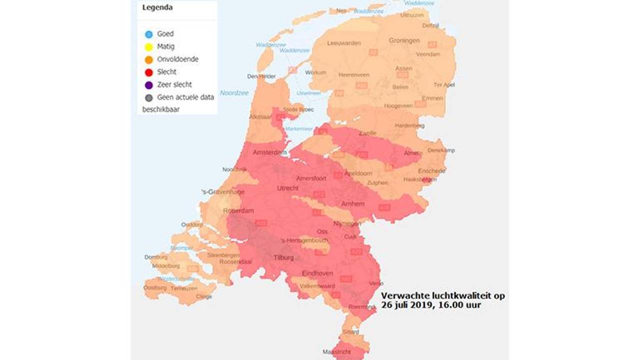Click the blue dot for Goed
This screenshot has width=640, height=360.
tap(148, 34)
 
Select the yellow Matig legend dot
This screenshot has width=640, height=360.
tap(148, 47)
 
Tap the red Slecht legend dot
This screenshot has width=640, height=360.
tap(148, 72)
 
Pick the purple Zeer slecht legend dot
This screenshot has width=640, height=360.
tap(148, 85)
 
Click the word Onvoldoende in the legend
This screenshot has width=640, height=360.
tap(177, 59)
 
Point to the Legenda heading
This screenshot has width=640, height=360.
tap(157, 7)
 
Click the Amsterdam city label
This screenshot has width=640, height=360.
tap(269, 152)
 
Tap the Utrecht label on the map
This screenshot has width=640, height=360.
tap(287, 188)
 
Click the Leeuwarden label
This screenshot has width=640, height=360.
tap(343, 43)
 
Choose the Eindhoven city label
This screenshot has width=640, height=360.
tap(317, 273)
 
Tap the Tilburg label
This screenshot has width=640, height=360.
tap(284, 258)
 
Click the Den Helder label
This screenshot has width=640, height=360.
tap(261, 76)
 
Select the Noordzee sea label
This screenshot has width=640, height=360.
tap(234, 93)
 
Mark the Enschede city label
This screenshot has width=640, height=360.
tap(431, 171)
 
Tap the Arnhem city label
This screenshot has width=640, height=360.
tap(352, 204)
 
